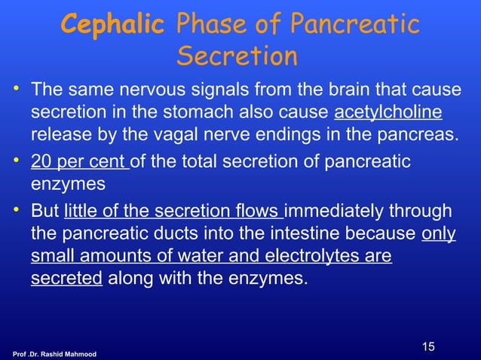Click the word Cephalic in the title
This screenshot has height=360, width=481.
[x=112, y=25]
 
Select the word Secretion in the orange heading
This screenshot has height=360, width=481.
[x=237, y=56]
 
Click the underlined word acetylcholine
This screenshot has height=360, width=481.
[x=388, y=113]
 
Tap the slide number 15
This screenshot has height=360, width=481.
[x=429, y=347]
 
